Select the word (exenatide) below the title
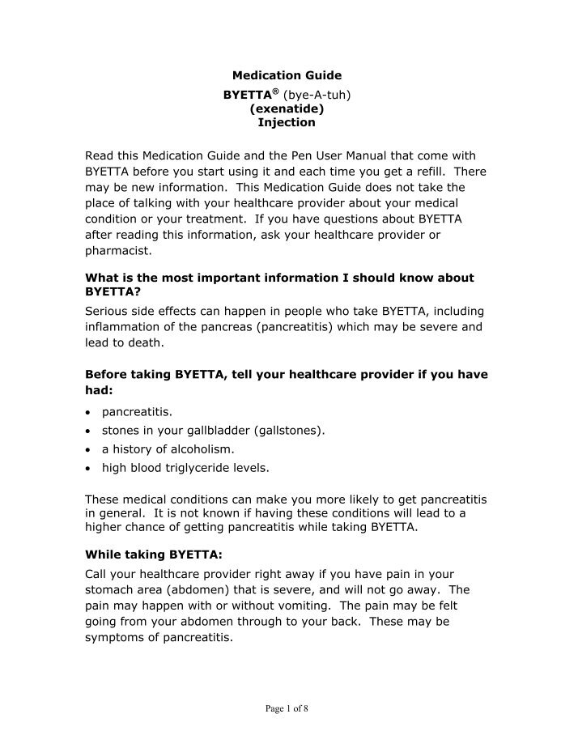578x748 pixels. coord(287,108)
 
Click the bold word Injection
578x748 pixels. coord(287,123)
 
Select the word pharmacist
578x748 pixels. coord(113,250)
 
